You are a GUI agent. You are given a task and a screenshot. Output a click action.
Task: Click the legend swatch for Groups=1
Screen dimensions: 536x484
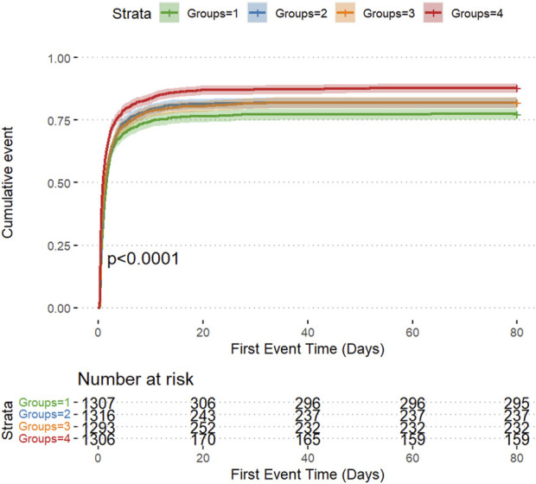pyautogui.click(x=169, y=13)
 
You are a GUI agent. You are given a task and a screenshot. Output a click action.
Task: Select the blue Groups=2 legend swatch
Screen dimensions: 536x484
pyautogui.click(x=257, y=13)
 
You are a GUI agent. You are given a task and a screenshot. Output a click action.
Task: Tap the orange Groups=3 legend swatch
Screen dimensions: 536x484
pyautogui.click(x=345, y=13)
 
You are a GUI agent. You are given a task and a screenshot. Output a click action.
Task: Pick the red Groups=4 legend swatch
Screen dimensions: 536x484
pyautogui.click(x=433, y=13)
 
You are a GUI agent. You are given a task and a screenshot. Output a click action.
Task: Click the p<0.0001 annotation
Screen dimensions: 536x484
pyautogui.click(x=143, y=258)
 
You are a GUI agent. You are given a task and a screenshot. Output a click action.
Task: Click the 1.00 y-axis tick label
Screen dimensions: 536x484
pyautogui.click(x=59, y=58)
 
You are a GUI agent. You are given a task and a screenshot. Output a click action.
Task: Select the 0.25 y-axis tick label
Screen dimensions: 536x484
pyautogui.click(x=59, y=245)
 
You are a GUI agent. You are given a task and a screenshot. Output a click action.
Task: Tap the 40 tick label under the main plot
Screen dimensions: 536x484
pyautogui.click(x=308, y=332)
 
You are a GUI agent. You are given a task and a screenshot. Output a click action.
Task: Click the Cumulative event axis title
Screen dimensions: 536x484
pyautogui.click(x=7, y=182)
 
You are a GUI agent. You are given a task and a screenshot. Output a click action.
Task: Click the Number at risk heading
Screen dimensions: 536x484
pyautogui.click(x=136, y=379)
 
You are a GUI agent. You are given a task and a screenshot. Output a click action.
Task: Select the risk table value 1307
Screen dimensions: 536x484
pyautogui.click(x=99, y=404)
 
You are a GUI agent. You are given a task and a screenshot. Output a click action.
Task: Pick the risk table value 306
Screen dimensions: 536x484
pyautogui.click(x=203, y=404)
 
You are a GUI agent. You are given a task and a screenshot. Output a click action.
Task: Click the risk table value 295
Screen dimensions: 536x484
pyautogui.click(x=517, y=404)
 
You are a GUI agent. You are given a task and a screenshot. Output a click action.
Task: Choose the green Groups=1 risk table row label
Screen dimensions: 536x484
pyautogui.click(x=44, y=402)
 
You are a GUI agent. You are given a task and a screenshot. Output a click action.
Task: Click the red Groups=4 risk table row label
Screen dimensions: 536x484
pyautogui.click(x=44, y=438)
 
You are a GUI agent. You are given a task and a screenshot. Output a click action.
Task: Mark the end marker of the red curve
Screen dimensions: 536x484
pyautogui.click(x=517, y=88)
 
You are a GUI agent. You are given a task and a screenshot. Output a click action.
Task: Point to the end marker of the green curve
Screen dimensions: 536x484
pyautogui.click(x=517, y=115)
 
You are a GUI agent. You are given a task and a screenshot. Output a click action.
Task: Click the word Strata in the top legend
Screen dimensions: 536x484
pyautogui.click(x=131, y=14)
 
